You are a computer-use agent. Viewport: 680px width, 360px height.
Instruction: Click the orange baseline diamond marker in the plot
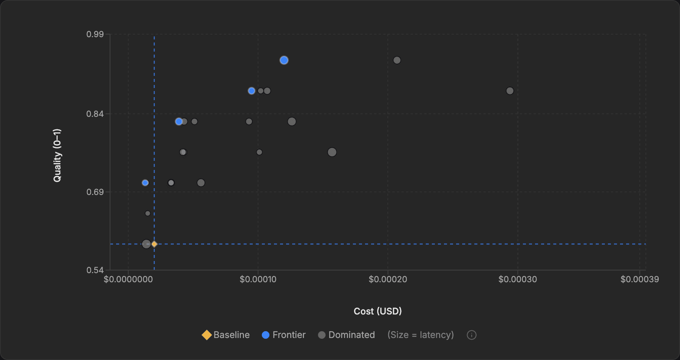[154, 244]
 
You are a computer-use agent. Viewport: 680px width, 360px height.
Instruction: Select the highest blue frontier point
[284, 60]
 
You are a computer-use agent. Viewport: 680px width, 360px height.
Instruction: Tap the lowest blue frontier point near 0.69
[145, 183]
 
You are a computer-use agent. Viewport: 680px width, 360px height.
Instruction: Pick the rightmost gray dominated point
[510, 91]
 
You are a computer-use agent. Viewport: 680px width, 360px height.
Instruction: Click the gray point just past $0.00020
[397, 60]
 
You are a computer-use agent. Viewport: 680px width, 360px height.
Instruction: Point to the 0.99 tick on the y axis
[95, 35]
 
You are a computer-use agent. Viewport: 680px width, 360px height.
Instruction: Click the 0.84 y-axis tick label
[95, 114]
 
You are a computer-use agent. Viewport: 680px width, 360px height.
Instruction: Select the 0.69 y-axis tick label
[95, 192]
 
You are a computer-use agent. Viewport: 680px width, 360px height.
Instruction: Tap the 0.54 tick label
[95, 270]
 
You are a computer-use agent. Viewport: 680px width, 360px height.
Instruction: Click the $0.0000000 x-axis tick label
[128, 280]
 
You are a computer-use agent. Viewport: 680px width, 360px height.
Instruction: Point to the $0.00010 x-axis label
[258, 280]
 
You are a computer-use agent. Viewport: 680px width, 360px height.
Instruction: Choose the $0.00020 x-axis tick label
[388, 280]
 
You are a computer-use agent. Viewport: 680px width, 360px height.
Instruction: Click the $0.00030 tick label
[518, 280]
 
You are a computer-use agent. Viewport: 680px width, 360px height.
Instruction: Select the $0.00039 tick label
[639, 280]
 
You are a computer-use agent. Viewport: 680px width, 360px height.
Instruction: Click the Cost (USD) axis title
[378, 311]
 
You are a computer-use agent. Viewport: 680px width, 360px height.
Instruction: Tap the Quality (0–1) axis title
[57, 156]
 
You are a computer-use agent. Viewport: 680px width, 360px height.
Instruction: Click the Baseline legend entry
[226, 335]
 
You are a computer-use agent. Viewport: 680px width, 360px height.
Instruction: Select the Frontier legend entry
[284, 335]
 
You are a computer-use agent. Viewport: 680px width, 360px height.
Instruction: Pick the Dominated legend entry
[346, 335]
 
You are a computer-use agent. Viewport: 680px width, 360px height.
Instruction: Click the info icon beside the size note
[471, 335]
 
